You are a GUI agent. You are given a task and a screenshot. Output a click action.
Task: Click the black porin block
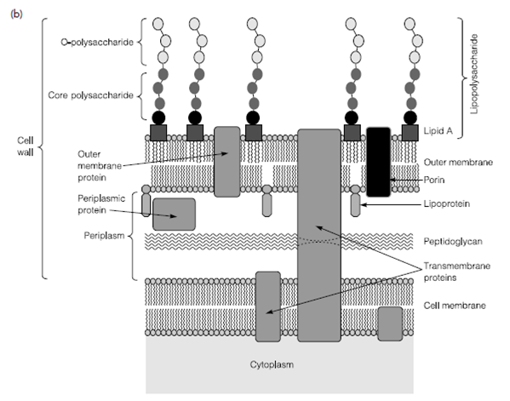[x=379, y=162]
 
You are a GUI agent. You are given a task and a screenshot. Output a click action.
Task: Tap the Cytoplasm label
[x=272, y=364]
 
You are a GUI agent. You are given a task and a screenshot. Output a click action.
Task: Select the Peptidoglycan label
[x=453, y=241]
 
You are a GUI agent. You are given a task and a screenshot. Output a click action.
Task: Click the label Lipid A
[x=438, y=131]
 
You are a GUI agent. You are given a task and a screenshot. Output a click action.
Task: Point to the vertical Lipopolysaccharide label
[x=474, y=74]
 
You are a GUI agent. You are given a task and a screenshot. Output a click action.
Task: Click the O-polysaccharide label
[x=97, y=43]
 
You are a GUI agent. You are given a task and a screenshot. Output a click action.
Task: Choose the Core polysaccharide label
[x=91, y=95]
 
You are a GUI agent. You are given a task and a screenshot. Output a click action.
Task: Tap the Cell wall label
[x=26, y=146]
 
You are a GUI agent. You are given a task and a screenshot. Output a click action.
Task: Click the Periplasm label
[x=104, y=236]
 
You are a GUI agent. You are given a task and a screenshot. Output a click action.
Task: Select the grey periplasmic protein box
[x=174, y=215]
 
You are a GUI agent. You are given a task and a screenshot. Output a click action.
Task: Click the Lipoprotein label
[x=447, y=204]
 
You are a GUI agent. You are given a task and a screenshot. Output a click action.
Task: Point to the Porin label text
[x=434, y=180]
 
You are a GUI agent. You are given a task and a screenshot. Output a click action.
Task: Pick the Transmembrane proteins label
[x=456, y=272]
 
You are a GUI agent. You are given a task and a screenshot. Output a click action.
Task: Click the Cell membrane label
[x=455, y=306]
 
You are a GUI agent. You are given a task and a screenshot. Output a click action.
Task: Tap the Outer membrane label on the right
[x=458, y=162]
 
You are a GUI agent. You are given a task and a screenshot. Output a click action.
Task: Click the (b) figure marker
[x=16, y=14]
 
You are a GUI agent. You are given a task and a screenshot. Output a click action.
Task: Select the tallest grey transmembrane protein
[x=319, y=236]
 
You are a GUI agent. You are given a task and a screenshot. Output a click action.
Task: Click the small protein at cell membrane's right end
[x=390, y=324]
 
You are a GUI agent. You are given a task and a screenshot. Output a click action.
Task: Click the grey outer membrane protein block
[x=227, y=162]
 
